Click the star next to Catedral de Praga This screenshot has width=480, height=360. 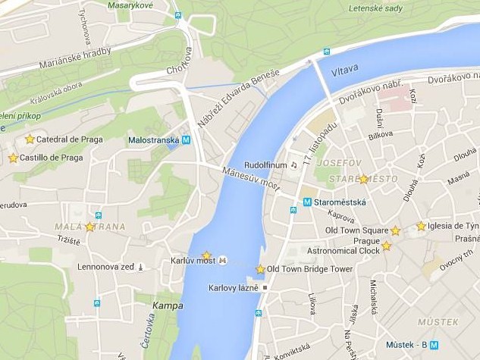click(30, 139)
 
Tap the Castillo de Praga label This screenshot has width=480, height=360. click(51, 158)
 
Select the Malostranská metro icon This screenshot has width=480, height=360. click(186, 139)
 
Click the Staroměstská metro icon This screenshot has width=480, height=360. click(307, 202)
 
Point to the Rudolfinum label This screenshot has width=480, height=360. click(265, 164)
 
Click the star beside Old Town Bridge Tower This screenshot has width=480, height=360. click(260, 269)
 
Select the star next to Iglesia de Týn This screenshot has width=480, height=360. click(421, 226)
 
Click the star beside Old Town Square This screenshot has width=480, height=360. click(395, 230)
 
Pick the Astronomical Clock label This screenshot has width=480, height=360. click(343, 251)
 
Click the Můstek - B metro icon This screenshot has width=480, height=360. click(434, 344)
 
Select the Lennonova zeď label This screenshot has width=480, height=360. click(105, 267)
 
